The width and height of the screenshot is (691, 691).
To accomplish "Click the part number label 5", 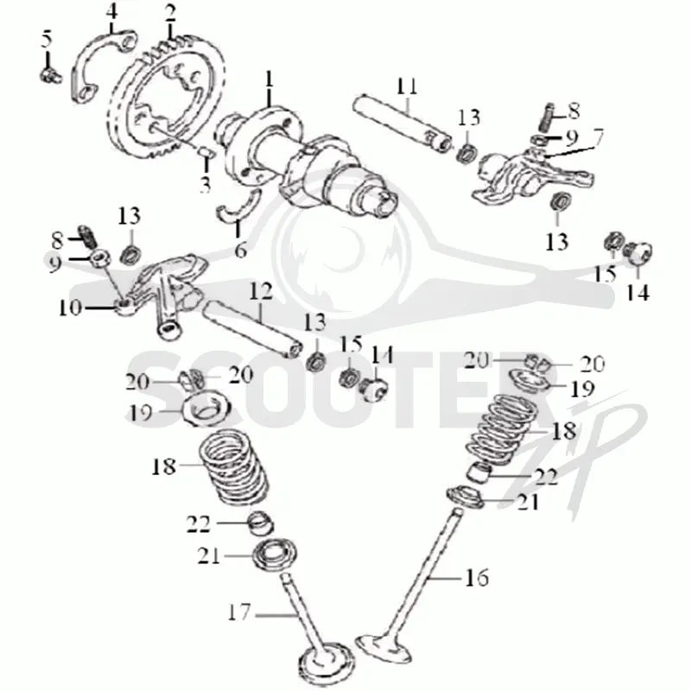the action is tap(47, 39).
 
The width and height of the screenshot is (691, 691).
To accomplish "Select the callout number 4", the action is tap(112, 12).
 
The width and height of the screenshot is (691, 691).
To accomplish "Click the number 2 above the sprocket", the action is tap(170, 14).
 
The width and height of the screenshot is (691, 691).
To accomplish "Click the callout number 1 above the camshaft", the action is tap(269, 79).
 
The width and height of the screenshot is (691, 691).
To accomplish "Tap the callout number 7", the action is tap(598, 137).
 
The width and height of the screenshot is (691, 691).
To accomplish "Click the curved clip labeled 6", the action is tap(237, 207).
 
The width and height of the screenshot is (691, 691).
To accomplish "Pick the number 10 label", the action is tap(70, 307).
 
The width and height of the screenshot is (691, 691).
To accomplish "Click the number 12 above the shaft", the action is tap(261, 291).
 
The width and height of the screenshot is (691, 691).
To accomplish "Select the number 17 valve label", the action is tap(239, 612).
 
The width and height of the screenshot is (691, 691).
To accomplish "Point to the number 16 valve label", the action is tap(478, 577).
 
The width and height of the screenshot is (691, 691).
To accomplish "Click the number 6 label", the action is tap(241, 250).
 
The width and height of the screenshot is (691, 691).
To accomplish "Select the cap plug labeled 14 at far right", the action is tap(638, 253).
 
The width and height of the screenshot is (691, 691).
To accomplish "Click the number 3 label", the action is tap(206, 185).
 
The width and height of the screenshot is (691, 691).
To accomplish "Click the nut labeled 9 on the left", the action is tap(100, 257).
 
